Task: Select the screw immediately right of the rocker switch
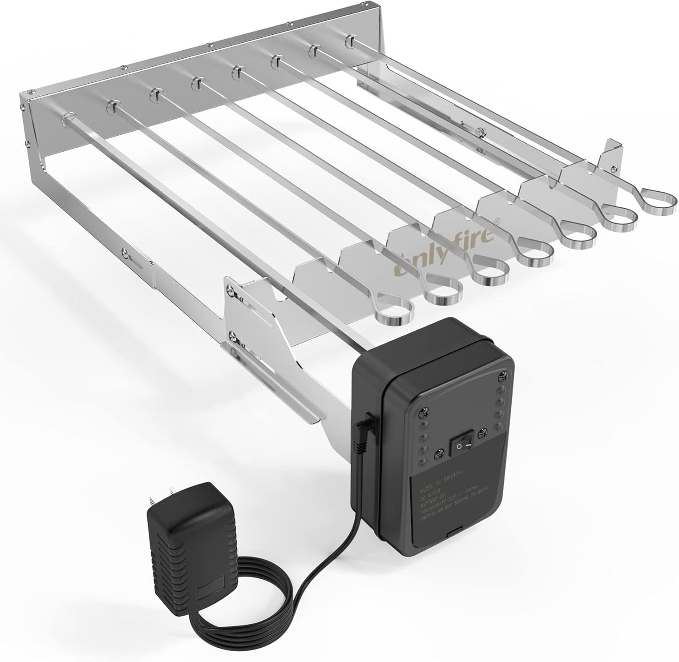482,435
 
